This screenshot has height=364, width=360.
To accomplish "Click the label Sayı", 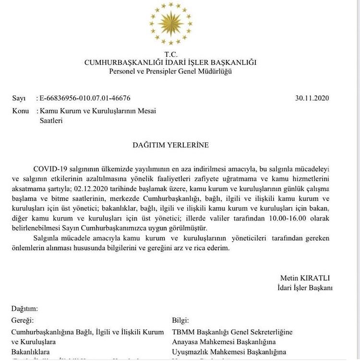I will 19,98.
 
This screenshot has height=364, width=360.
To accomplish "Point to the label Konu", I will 20,111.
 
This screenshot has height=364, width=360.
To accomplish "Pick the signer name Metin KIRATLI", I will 305,278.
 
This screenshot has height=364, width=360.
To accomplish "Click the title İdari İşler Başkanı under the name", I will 305,288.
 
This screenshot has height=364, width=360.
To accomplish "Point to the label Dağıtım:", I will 24,309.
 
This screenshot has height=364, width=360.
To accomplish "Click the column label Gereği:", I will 23,320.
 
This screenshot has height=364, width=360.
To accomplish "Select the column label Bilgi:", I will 180,320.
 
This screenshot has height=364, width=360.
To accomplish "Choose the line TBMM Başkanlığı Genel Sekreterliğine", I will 232,332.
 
